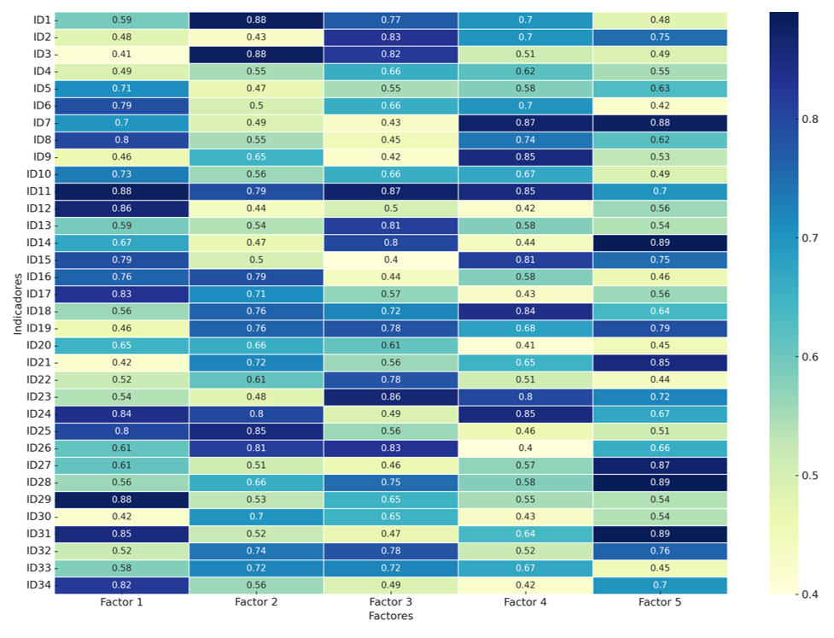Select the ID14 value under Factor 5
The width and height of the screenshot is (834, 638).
click(660, 242)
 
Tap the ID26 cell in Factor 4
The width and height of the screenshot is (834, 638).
click(525, 448)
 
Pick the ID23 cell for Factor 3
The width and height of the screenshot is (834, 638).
click(390, 396)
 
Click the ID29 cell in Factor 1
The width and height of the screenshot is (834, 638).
click(122, 499)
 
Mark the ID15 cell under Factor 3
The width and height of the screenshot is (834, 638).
click(390, 260)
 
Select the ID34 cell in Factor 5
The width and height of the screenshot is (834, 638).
click(660, 584)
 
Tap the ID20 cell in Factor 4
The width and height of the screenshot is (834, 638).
click(525, 345)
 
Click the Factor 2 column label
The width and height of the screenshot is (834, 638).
click(256, 602)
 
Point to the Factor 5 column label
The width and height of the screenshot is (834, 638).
click(660, 602)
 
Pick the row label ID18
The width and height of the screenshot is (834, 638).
click(39, 311)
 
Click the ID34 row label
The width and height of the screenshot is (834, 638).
click(39, 584)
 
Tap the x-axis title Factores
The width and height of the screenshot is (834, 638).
click(390, 615)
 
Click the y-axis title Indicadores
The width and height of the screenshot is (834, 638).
click(17, 302)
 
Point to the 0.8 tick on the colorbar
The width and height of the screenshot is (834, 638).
click(812, 120)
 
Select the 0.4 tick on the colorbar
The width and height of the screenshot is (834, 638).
click(812, 594)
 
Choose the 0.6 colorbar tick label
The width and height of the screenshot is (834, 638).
click(812, 357)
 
